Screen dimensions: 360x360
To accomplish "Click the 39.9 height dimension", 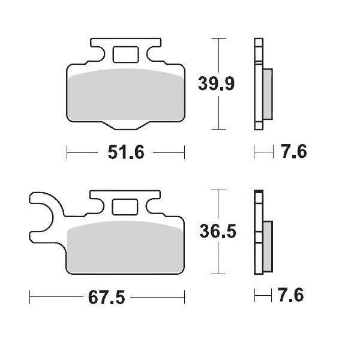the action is (x=216, y=83).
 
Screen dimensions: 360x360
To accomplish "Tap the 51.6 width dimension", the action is (x=126, y=152).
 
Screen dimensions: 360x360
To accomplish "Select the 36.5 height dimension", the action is (x=218, y=231).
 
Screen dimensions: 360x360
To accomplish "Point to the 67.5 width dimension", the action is (x=107, y=297).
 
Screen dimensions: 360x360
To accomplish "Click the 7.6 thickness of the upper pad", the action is (x=294, y=151).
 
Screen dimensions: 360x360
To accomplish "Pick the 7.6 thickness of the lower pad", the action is (x=291, y=295).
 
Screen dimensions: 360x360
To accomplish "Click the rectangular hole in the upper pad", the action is (x=126, y=55).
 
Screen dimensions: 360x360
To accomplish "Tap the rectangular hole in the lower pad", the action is (x=125, y=207).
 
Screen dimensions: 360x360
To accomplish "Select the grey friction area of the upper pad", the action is (x=126, y=95).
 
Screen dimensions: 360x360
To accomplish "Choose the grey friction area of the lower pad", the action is (x=125, y=247).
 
